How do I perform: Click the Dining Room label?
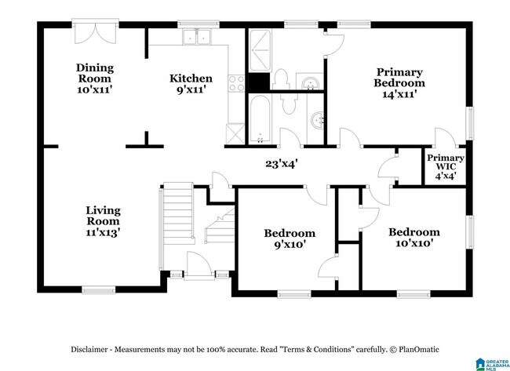point(95,78)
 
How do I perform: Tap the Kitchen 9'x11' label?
point(191,84)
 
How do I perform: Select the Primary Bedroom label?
point(399,83)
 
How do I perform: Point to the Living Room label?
point(103,221)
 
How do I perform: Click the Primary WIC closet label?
point(446,167)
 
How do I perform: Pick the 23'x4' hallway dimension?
point(282,164)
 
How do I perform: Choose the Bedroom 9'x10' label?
point(290,238)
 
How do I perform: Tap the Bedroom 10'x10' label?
point(414,238)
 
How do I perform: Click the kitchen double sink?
point(197,37)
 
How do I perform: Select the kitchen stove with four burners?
point(236,83)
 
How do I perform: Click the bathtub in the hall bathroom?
point(260,119)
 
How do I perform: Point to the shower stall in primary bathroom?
point(260,50)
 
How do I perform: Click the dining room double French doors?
point(95,32)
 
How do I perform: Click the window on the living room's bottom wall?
point(98,289)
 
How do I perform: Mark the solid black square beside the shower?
point(259,82)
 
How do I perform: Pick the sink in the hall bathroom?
point(318,121)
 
